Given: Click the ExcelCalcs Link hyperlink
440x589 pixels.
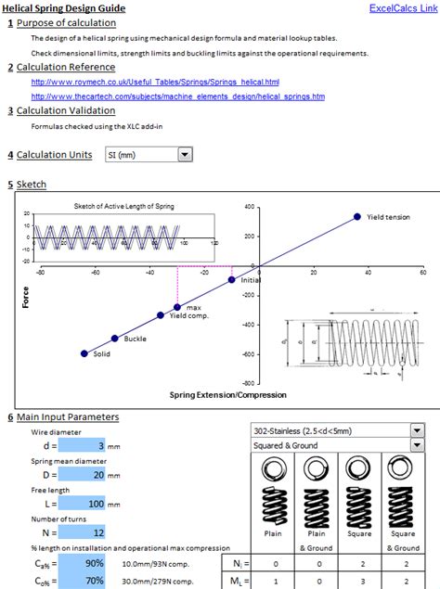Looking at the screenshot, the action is [x=402, y=8].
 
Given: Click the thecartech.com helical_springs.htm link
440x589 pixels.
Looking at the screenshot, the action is [x=177, y=96].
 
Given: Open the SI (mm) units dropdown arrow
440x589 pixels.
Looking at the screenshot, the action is [x=185, y=155].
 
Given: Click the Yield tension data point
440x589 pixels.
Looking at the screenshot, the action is [x=356, y=217].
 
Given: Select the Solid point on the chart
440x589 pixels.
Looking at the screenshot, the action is [x=84, y=353].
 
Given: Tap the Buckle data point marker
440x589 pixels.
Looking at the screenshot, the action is [x=115, y=339].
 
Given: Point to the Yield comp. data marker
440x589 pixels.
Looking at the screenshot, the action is [x=161, y=315].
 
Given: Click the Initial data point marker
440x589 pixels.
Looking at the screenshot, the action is [x=231, y=278].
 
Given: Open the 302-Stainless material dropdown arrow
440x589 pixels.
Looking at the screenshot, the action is [x=416, y=431].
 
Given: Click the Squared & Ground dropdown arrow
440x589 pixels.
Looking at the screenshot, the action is [x=416, y=445].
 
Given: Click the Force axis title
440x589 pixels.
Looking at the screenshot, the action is [x=26, y=297].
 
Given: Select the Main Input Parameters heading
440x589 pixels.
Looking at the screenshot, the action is [x=66, y=416].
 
